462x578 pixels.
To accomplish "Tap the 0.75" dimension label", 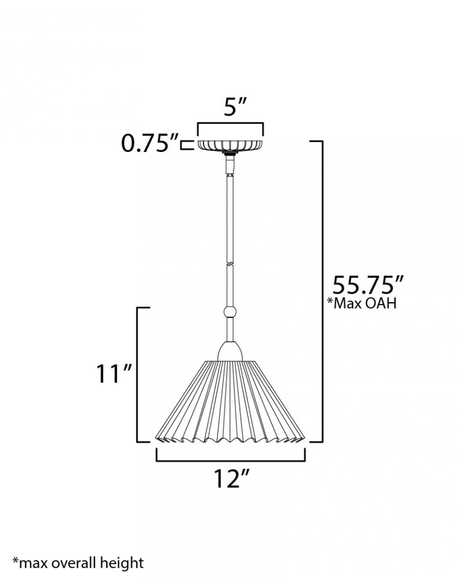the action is point(150,143).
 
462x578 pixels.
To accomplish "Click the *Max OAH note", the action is point(362,303).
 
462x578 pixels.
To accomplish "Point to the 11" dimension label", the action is point(113,374).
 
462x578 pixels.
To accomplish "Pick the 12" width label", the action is point(232,479).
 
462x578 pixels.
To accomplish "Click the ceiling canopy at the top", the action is point(231,145).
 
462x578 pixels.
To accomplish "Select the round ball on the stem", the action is point(230,312).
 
